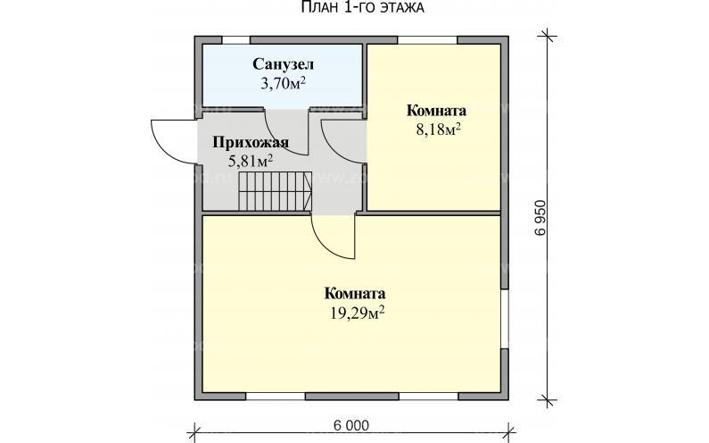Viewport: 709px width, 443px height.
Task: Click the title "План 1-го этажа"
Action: [x=354, y=8]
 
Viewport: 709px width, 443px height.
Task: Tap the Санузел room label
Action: [x=282, y=65]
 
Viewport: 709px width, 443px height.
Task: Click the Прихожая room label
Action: [x=250, y=143]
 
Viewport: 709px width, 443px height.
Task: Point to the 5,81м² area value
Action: [x=251, y=161]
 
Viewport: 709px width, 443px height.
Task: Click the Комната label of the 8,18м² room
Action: [x=436, y=111]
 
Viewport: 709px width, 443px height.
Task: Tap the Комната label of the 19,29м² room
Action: [x=355, y=293]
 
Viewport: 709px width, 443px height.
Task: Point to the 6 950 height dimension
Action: [x=540, y=218]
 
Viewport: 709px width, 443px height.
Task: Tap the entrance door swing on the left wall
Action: [x=169, y=141]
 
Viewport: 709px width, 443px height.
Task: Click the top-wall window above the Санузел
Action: [x=236, y=39]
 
